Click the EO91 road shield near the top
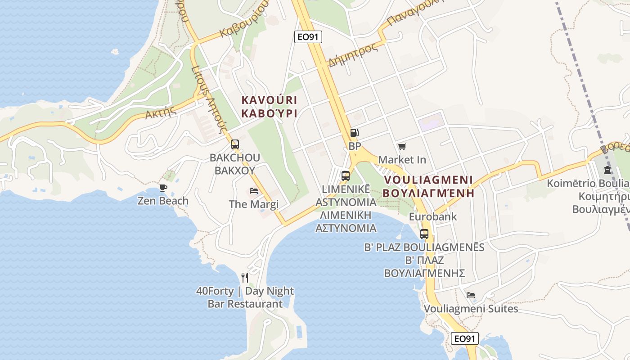pos(308,37)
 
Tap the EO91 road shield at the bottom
pos(464,338)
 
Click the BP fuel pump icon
pos(355,133)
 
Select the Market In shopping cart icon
pos(402,146)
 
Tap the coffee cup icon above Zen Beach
pos(163,188)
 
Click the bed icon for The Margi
pos(254,191)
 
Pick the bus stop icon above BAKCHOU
pos(235,144)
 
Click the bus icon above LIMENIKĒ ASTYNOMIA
pos(346,176)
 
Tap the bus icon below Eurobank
pos(424,234)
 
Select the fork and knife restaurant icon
pos(245,277)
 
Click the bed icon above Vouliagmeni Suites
pos(471,295)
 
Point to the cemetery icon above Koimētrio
pos(607,170)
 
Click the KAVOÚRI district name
pos(269,100)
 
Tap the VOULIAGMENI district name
pos(428,180)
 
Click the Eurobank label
pos(426,216)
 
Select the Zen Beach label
pos(163,201)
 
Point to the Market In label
pos(402,159)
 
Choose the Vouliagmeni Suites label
pos(471,309)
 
